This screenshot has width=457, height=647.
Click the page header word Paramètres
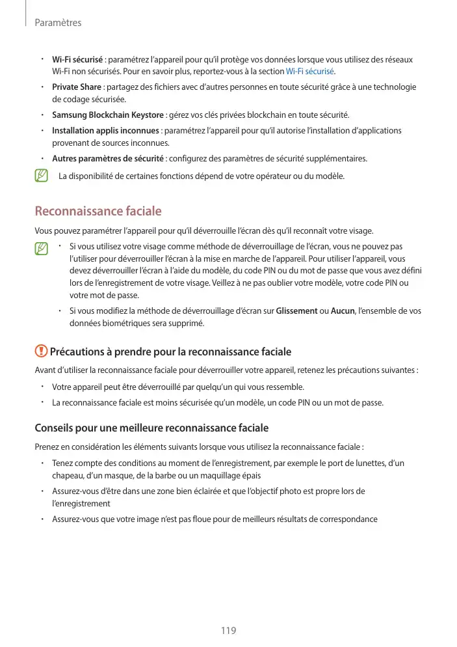click(58, 23)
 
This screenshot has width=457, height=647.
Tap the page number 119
click(228, 631)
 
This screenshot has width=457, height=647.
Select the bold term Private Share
click(76, 87)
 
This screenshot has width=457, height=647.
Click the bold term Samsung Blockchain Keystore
click(108, 115)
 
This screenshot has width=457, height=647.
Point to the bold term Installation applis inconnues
click(105, 131)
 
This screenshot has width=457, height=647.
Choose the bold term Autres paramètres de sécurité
click(108, 159)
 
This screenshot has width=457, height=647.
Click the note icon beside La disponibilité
click(42, 176)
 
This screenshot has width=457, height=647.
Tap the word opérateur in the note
click(272, 176)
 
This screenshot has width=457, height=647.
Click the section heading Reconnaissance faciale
click(98, 212)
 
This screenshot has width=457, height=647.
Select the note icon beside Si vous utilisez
click(42, 249)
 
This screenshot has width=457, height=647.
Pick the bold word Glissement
click(296, 311)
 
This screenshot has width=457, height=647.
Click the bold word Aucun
click(342, 311)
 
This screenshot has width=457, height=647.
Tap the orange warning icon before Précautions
click(41, 351)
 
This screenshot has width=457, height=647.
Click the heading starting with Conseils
click(151, 428)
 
